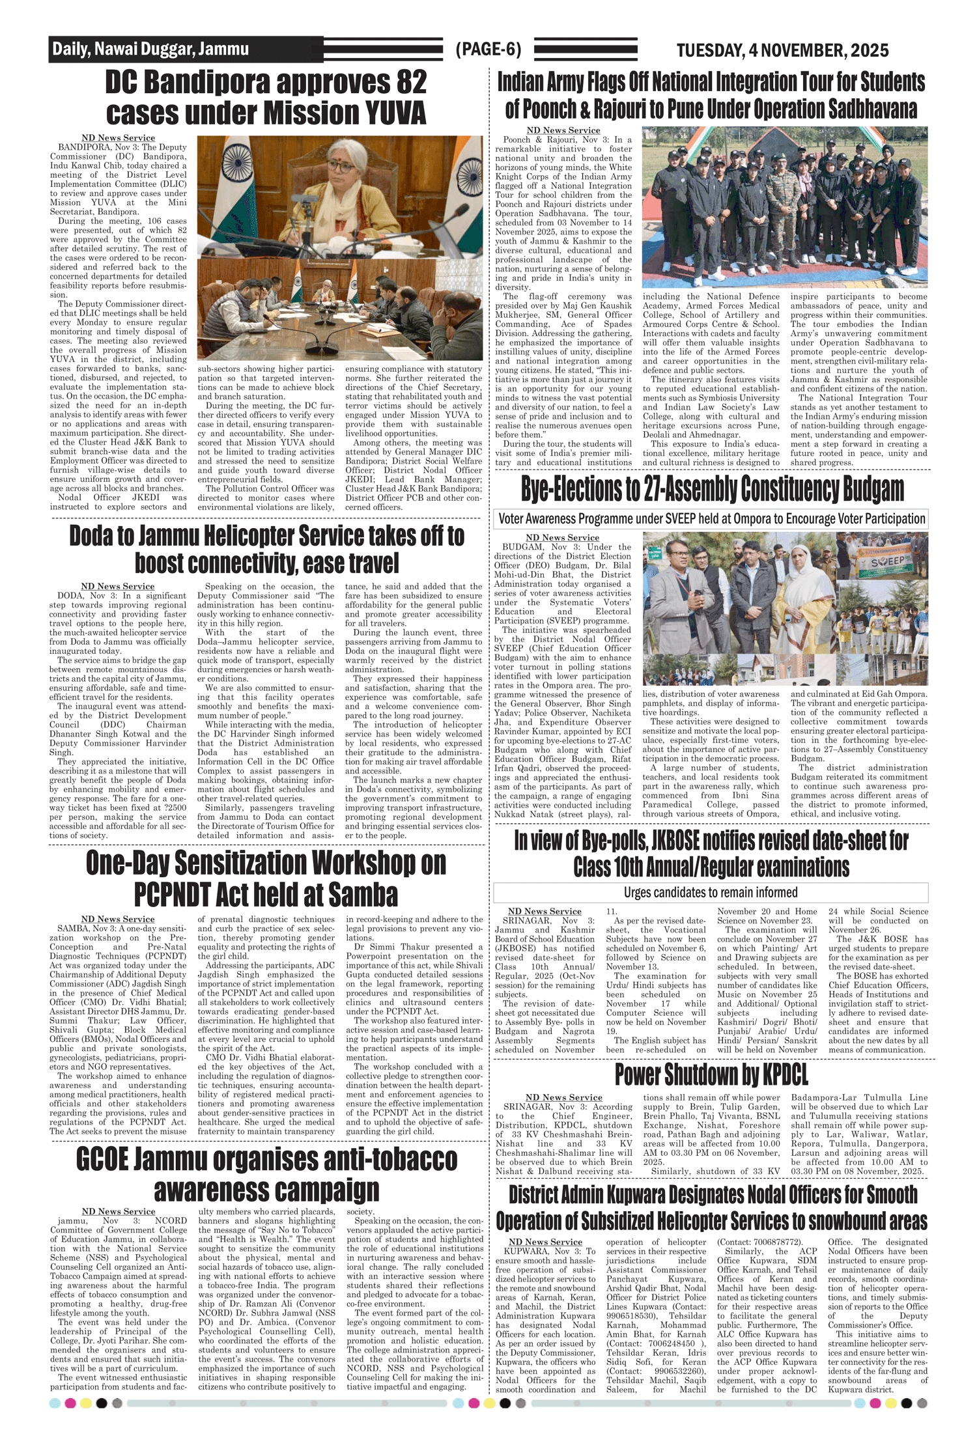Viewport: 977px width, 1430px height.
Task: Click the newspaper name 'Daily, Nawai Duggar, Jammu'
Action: click(150, 49)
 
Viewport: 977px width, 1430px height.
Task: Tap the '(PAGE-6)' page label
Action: click(488, 49)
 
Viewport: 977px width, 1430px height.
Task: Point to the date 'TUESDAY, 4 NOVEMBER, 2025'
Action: click(782, 51)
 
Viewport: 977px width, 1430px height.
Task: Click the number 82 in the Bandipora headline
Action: click(408, 83)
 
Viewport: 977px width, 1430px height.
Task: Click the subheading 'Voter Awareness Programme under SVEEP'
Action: click(711, 519)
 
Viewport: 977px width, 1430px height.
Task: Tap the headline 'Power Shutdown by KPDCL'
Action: click(711, 1075)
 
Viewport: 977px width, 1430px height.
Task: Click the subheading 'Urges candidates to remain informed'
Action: click(711, 892)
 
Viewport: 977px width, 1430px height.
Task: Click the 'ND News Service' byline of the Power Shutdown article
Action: click(563, 1097)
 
